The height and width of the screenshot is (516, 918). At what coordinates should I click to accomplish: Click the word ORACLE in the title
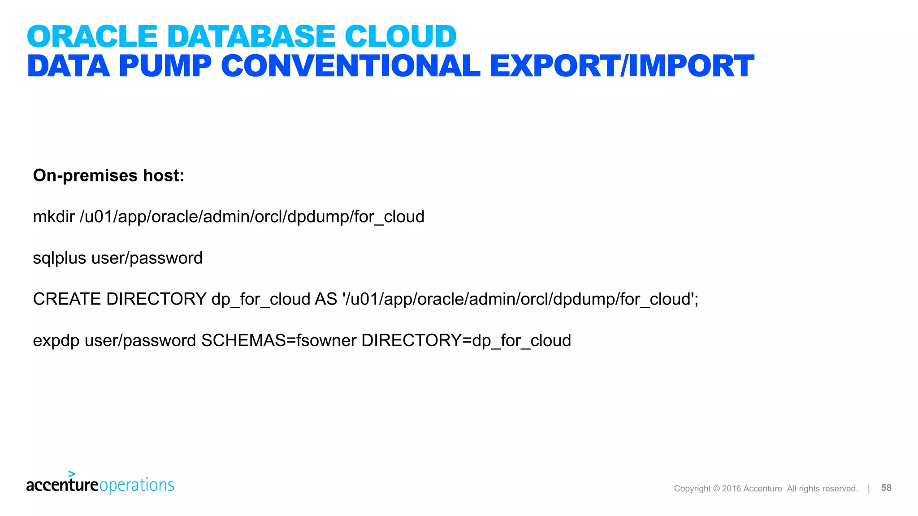click(92, 36)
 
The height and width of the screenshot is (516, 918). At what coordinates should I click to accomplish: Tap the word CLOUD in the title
click(400, 36)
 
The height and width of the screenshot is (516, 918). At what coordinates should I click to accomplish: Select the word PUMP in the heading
click(165, 66)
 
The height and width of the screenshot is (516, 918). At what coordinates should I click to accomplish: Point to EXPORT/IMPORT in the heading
click(622, 66)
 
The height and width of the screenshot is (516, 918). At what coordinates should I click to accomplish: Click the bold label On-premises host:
click(109, 176)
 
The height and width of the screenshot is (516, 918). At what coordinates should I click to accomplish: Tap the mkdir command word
click(54, 217)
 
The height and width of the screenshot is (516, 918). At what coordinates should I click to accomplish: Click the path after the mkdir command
click(252, 217)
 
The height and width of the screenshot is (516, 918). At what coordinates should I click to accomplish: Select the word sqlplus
click(60, 258)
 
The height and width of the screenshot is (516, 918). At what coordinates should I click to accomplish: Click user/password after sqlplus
click(147, 258)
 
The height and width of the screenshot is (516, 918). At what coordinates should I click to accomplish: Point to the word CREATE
click(67, 299)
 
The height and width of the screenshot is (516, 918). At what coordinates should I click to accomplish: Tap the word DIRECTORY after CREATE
click(156, 299)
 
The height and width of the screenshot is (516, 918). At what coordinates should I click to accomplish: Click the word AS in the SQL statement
click(326, 299)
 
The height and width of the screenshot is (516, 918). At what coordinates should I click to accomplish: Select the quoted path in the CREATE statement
click(520, 299)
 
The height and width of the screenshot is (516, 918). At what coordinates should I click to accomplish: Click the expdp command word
click(56, 341)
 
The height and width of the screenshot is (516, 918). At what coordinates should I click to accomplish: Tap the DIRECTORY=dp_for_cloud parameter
click(466, 341)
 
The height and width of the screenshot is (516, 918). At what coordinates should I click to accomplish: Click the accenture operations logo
click(100, 484)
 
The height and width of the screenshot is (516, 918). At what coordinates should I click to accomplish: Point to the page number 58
click(886, 488)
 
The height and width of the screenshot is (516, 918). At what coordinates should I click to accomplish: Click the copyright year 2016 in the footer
click(732, 489)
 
